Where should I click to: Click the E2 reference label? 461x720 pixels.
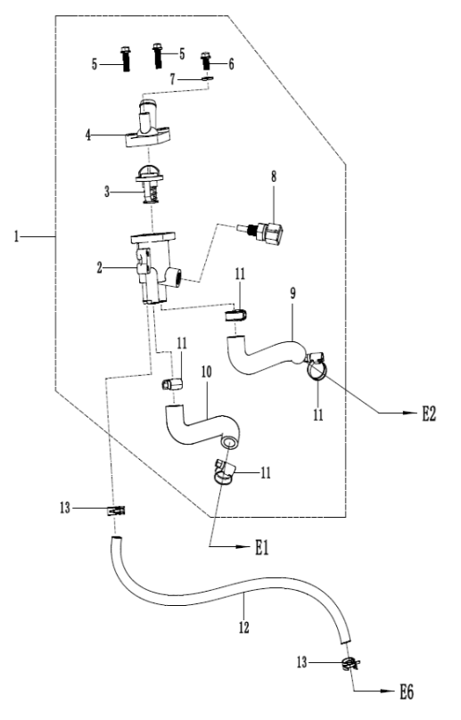(x=428, y=413)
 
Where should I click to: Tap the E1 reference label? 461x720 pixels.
(x=261, y=547)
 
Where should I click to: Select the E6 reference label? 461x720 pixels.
(x=407, y=691)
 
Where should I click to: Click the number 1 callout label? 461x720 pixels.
(x=17, y=237)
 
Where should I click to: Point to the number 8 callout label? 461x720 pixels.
(x=274, y=176)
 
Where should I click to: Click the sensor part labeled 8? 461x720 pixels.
(x=260, y=232)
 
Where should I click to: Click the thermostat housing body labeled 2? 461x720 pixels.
(x=154, y=267)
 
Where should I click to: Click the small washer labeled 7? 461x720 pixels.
(x=207, y=79)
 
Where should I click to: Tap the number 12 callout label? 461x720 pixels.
(x=243, y=627)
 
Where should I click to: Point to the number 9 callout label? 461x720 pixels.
(x=292, y=293)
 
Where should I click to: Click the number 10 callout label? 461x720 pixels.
(x=206, y=372)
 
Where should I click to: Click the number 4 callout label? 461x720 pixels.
(x=88, y=135)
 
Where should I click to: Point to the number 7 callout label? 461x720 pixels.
(x=172, y=79)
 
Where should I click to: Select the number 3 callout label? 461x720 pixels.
(x=107, y=192)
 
